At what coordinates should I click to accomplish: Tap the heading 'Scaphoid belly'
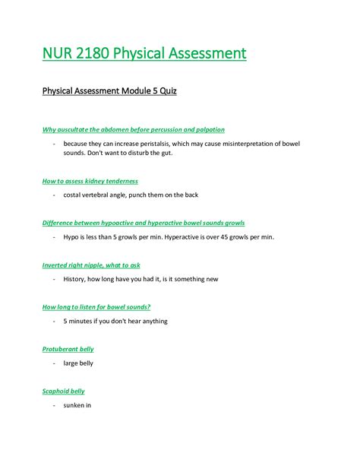pos(63,391)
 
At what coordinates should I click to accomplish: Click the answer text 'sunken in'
pos(77,405)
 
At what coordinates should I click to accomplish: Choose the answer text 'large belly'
pos(79,363)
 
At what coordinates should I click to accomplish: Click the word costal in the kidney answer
pos(74,195)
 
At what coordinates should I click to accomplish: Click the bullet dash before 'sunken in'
pos(55,405)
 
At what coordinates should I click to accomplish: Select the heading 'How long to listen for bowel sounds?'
pos(96,307)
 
